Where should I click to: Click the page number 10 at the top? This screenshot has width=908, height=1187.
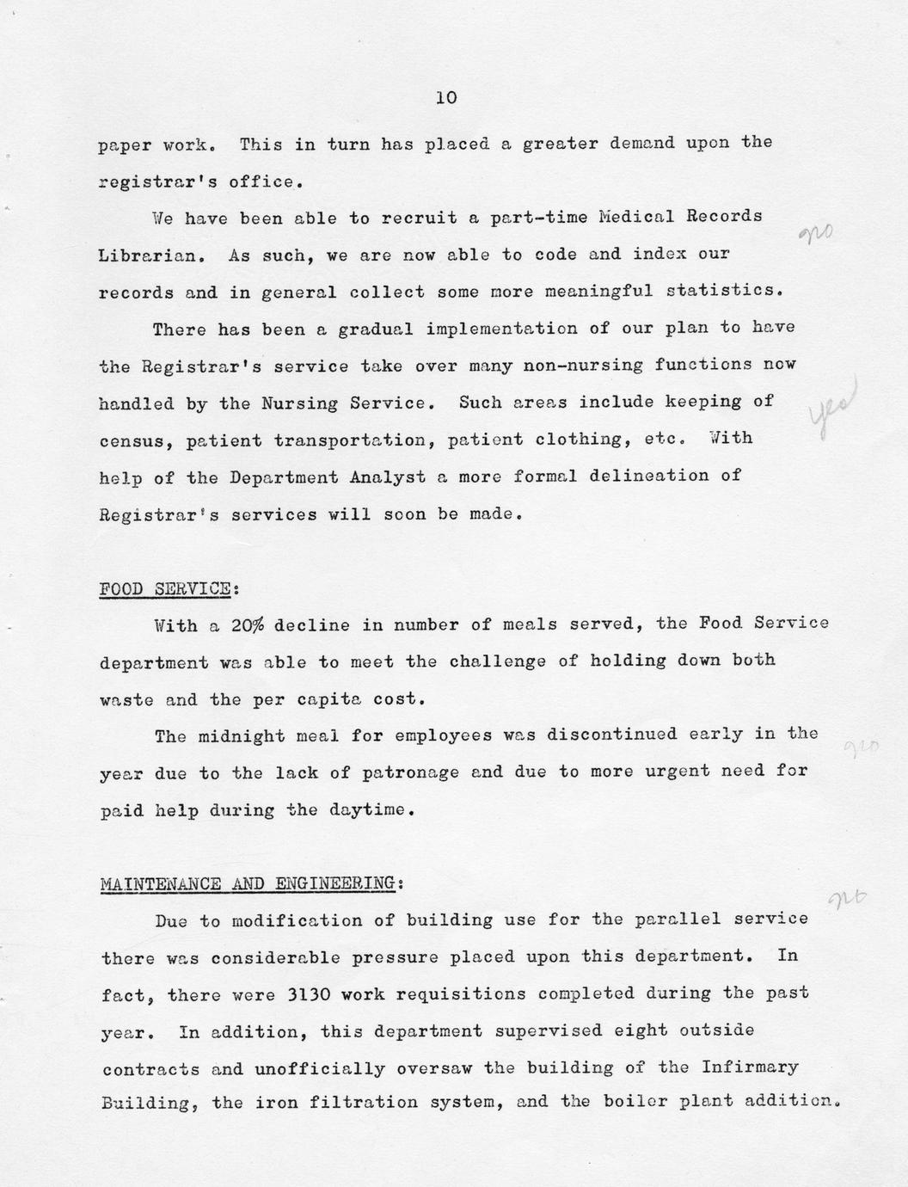(x=446, y=98)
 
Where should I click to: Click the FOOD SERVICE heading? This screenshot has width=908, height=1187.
(x=164, y=589)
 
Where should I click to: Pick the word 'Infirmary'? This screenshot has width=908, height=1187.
(x=750, y=1067)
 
